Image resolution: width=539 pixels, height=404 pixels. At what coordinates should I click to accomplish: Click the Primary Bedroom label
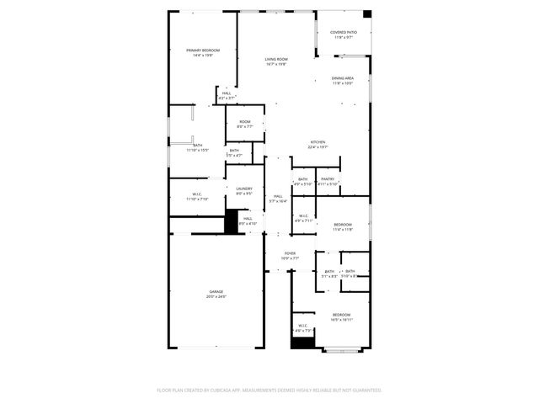click(x=197, y=53)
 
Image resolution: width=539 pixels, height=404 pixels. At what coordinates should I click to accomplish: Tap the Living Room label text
click(x=275, y=61)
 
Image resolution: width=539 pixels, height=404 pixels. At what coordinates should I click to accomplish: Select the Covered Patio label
click(x=343, y=35)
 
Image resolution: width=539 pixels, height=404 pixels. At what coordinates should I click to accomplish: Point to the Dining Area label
click(x=342, y=80)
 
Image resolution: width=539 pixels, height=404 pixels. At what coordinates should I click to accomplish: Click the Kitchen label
click(x=318, y=144)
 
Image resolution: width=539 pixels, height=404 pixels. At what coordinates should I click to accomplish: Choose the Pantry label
click(x=328, y=181)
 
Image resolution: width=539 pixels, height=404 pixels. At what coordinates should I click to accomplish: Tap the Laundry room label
click(x=244, y=191)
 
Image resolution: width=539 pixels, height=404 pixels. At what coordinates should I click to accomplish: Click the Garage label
click(x=216, y=294)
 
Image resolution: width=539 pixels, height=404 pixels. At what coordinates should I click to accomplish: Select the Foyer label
click(x=290, y=255)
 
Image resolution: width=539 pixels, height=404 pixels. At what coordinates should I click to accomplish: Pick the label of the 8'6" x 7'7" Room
click(x=244, y=124)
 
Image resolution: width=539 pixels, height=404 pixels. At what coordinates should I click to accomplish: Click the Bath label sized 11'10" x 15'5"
click(x=197, y=147)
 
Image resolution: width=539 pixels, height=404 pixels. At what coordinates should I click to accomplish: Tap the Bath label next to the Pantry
click(x=302, y=181)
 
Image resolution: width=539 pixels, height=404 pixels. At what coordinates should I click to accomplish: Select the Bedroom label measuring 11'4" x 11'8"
click(x=342, y=226)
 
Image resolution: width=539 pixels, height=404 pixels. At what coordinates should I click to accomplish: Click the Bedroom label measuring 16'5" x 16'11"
click(x=341, y=316)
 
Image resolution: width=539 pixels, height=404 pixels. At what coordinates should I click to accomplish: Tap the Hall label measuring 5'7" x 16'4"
click(x=277, y=199)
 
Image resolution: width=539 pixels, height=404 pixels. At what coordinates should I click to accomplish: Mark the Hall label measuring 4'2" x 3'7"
click(x=226, y=95)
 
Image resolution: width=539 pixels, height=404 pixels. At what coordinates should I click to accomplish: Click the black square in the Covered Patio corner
click(x=366, y=14)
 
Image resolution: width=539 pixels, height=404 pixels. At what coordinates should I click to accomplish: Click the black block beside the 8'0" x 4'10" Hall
click(x=232, y=221)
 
